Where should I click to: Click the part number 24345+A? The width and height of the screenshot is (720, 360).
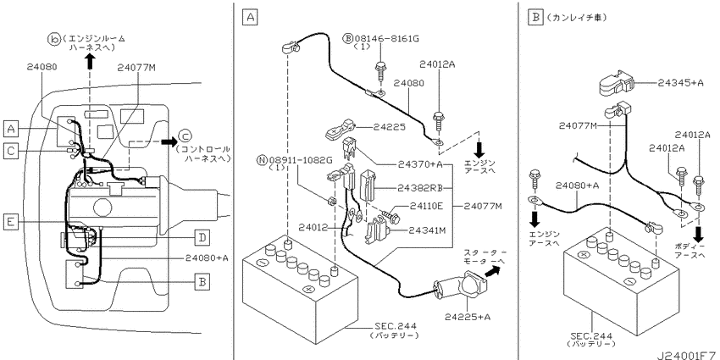(x=680, y=83)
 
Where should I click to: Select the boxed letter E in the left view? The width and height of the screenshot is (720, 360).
(x=11, y=223)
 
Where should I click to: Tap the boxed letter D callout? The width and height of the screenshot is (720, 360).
(x=202, y=237)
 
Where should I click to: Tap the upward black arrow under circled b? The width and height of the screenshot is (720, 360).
(x=90, y=60)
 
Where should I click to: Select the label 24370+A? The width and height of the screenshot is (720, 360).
(x=419, y=164)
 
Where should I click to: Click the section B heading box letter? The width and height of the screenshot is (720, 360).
(x=535, y=18)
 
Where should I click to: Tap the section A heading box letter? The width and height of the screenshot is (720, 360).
(x=250, y=18)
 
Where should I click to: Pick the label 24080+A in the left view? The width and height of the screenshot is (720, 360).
(x=207, y=258)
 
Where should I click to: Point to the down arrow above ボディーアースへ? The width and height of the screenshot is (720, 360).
(x=699, y=235)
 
